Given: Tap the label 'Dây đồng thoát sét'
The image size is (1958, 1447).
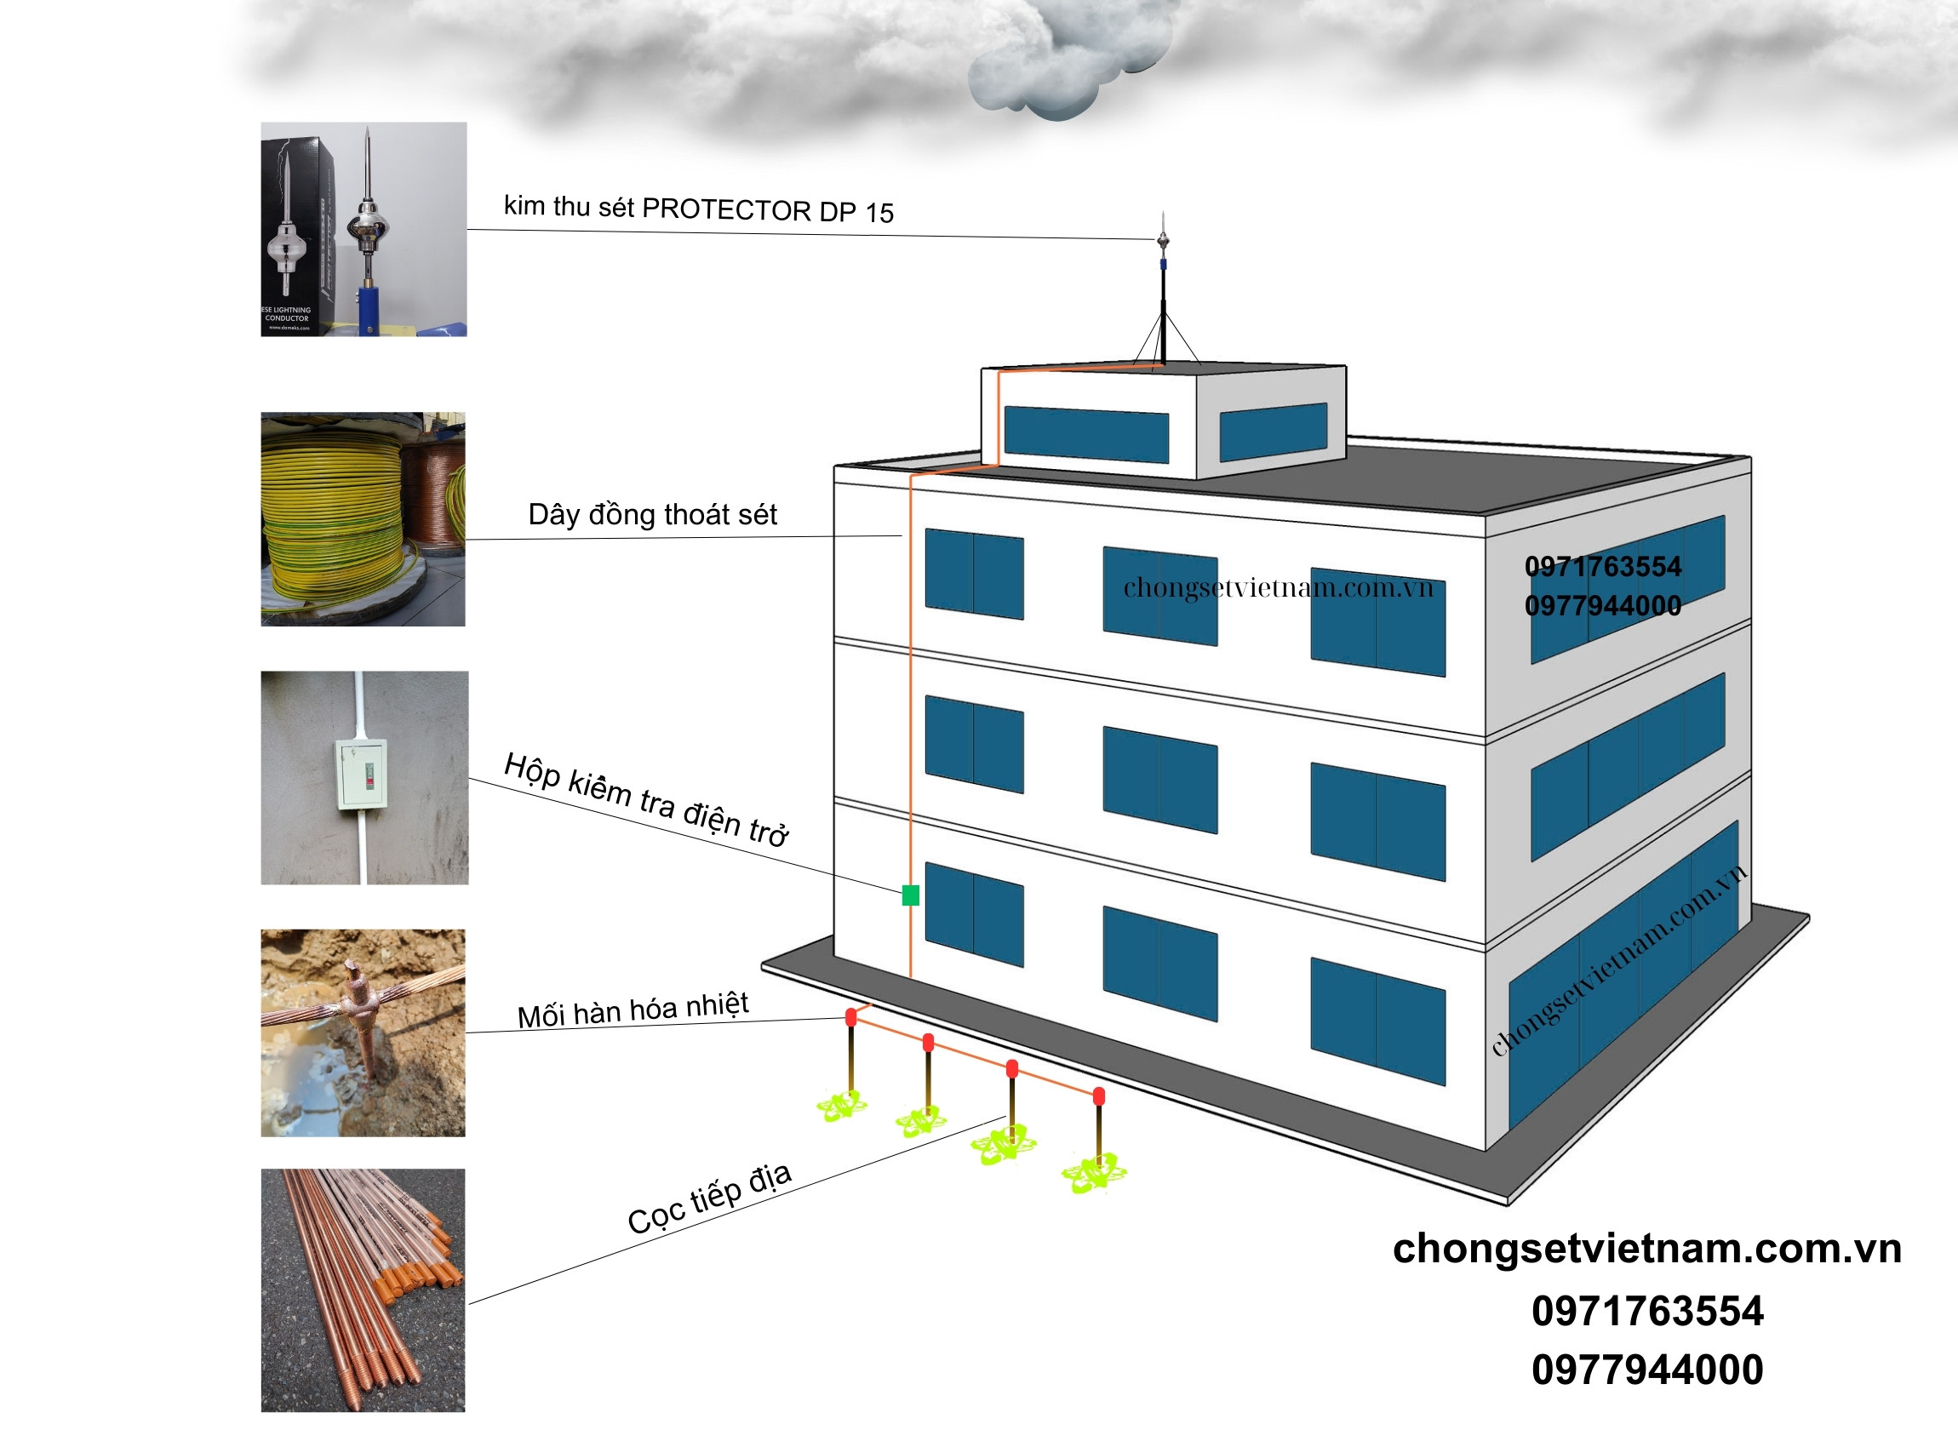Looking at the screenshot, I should point(652,514).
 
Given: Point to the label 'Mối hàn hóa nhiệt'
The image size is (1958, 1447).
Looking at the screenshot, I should point(633,1010).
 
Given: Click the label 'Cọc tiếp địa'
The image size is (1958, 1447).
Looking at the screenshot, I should point(710,1198).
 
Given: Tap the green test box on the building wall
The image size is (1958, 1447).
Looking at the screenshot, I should point(910,895).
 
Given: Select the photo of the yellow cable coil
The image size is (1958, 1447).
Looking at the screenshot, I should point(363,519).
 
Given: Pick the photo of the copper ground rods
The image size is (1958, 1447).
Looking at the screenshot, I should point(363,1290).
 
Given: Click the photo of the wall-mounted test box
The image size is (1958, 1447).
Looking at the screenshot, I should point(364,778).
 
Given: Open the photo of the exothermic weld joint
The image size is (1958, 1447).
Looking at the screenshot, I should point(363,1032).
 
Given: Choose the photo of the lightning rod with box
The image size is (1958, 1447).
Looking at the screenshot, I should point(364,230).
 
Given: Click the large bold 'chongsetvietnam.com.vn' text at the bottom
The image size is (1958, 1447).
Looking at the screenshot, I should point(1647,1249).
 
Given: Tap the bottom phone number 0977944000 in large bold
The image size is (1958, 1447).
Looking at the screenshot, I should point(1647,1370).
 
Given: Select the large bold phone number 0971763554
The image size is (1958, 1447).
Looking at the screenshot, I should point(1647,1311).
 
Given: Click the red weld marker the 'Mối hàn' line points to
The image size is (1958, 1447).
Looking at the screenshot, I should point(850,1017).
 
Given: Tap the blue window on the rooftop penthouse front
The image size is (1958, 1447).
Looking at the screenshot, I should point(1085,434).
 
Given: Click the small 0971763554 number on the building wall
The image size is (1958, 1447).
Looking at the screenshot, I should point(1602,567).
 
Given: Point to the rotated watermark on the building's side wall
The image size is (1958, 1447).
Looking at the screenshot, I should point(1619,961).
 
